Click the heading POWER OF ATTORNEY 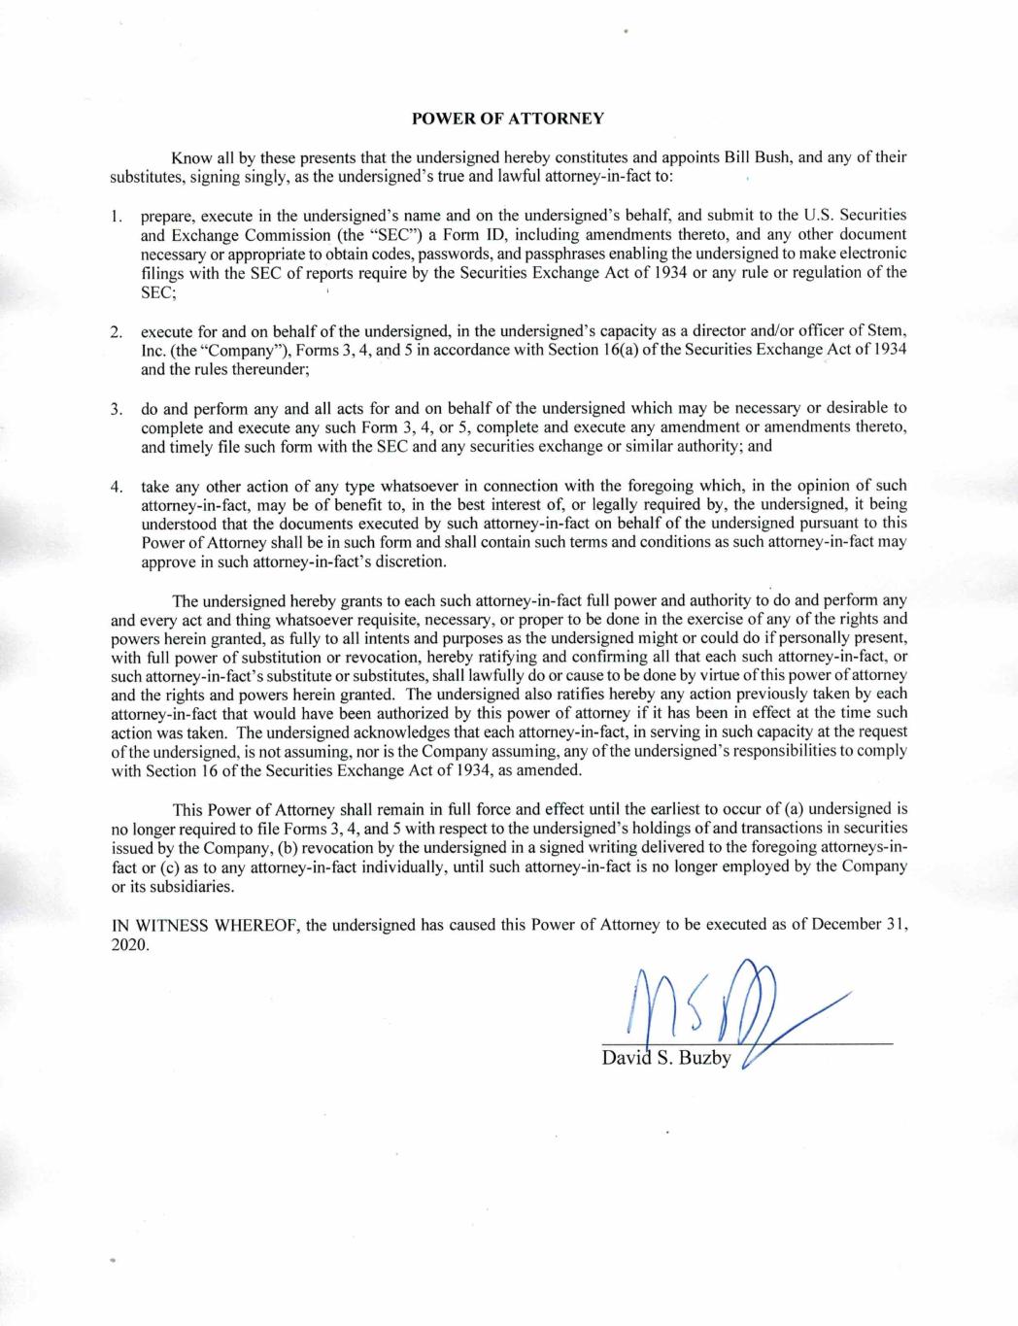click(x=508, y=119)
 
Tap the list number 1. click(x=116, y=215)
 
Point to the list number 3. click(x=116, y=408)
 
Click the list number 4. click(x=116, y=486)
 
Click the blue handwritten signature click(x=719, y=1010)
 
